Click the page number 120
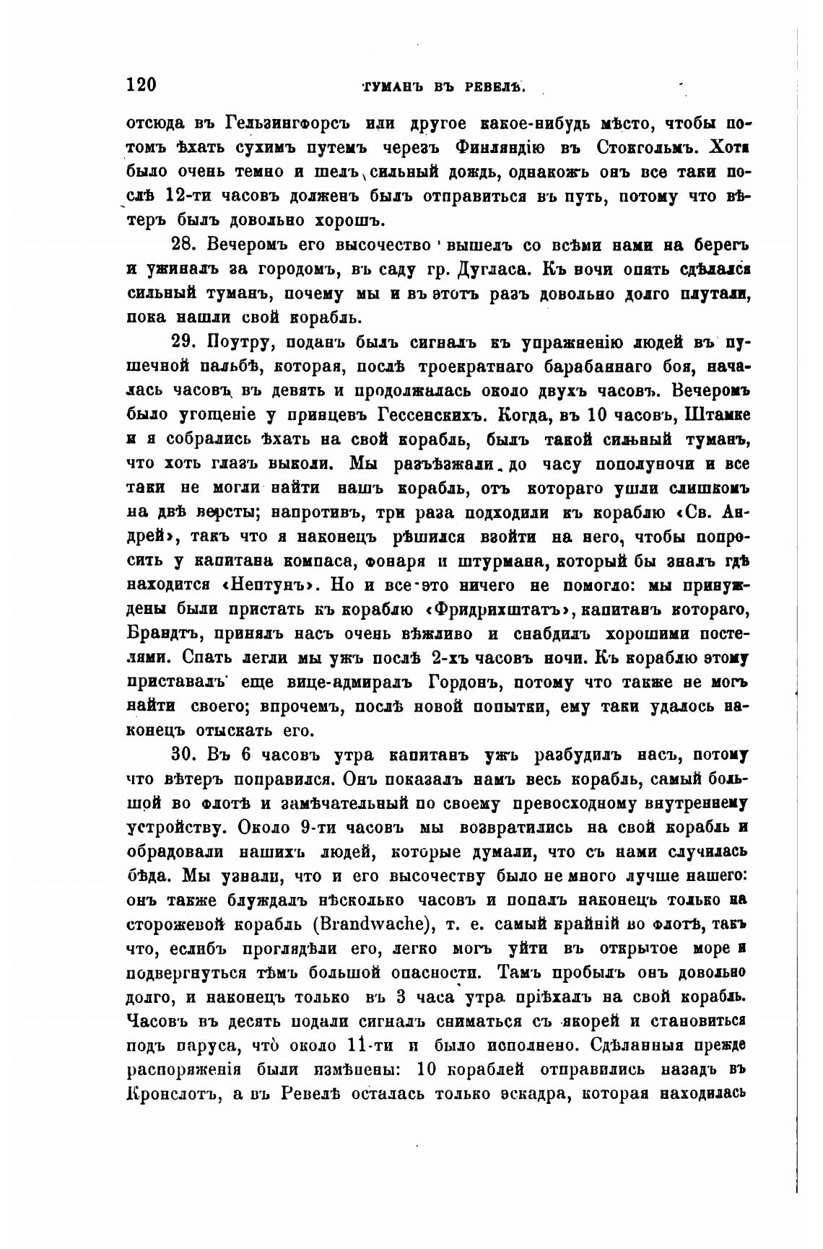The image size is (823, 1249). tap(141, 85)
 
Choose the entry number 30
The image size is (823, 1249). tap(183, 755)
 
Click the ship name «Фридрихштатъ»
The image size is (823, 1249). tap(498, 608)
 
